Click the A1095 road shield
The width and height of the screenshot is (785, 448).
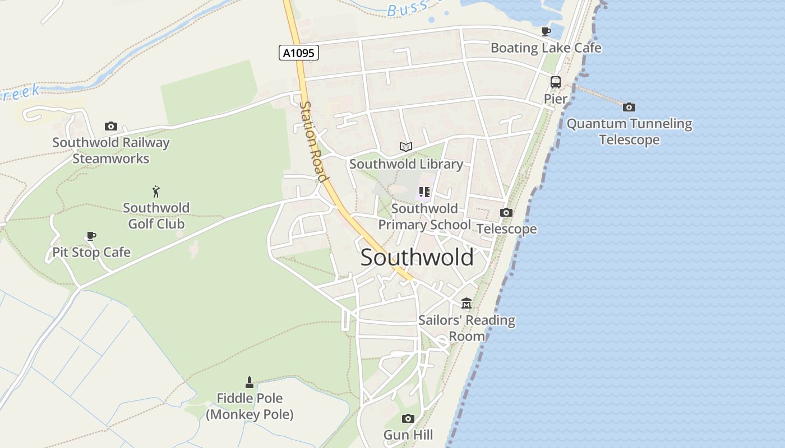[299, 53]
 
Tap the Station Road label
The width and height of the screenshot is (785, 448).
[313, 141]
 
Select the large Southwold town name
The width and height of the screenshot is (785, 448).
[417, 258]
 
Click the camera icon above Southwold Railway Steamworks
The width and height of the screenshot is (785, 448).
[111, 127]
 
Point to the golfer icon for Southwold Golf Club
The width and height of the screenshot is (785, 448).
[156, 192]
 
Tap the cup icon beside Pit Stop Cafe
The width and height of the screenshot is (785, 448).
[91, 236]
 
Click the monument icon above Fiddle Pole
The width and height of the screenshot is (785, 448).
[250, 382]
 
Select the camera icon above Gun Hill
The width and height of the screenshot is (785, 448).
[408, 418]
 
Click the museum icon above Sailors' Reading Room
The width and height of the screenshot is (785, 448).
[467, 304]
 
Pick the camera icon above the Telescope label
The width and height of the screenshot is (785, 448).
[506, 213]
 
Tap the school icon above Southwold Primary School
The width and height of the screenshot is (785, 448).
[424, 193]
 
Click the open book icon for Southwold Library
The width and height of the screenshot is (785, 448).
[406, 147]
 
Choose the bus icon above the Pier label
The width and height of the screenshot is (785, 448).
[555, 82]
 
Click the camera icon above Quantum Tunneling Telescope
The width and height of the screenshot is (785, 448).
[629, 107]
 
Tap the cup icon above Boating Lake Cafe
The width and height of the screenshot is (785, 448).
[546, 32]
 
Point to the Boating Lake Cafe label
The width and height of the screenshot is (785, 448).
[546, 48]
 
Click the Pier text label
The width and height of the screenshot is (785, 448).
[555, 99]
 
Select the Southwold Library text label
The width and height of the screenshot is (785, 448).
[406, 164]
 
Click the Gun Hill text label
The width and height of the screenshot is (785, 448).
[408, 435]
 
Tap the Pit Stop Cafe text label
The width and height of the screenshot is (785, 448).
[91, 253]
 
